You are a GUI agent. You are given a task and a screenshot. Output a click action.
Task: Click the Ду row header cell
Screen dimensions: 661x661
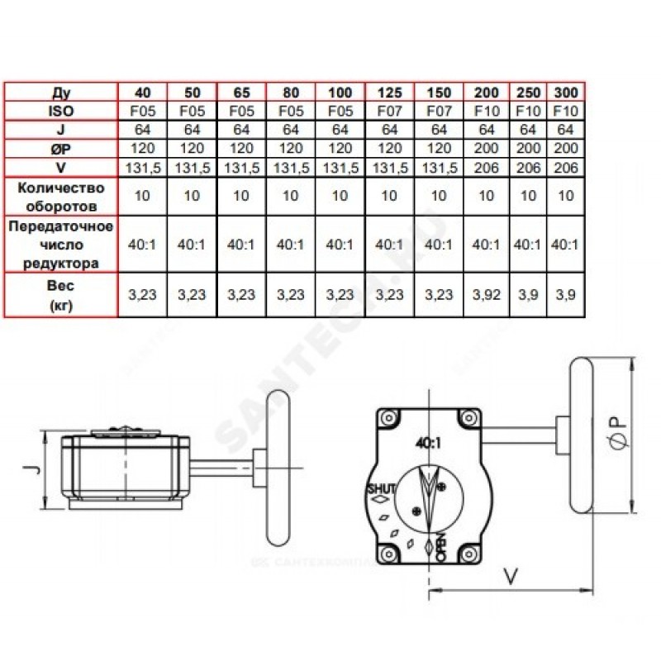click(60, 93)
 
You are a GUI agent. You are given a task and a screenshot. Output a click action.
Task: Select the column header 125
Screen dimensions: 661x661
click(389, 93)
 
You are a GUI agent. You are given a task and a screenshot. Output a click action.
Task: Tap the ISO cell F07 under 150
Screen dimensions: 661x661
click(439, 112)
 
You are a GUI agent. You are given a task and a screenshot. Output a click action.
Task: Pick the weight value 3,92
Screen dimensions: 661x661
click(486, 295)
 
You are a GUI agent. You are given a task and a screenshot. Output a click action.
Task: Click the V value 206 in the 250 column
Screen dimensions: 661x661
click(528, 168)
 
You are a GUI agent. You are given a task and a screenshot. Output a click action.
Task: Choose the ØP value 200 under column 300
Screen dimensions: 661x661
click(565, 149)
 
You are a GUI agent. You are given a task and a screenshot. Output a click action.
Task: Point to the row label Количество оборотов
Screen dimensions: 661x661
click(60, 197)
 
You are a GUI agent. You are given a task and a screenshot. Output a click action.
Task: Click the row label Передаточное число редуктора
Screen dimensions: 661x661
click(60, 245)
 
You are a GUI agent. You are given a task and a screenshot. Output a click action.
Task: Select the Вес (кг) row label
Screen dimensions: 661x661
click(60, 295)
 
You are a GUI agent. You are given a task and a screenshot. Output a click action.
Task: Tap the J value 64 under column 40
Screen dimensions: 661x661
click(142, 130)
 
